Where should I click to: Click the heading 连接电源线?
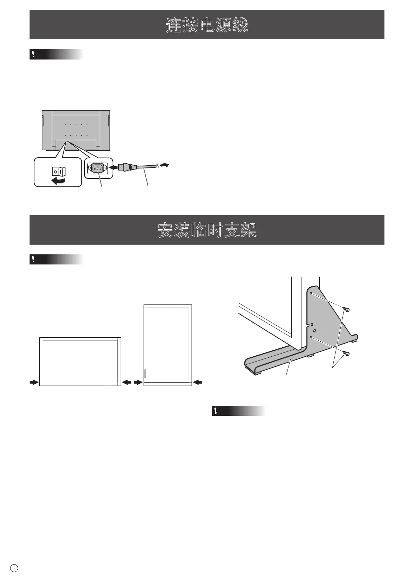[207, 25]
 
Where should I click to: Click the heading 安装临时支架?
[207, 230]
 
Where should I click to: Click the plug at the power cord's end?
[125, 167]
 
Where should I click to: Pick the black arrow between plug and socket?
[113, 168]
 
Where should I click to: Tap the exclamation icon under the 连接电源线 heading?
[33, 54]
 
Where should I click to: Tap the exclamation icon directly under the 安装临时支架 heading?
[33, 260]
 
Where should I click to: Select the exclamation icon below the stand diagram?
[216, 411]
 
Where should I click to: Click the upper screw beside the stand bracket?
[346, 309]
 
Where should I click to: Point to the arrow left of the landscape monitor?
[34, 382]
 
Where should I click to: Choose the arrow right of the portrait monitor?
[197, 382]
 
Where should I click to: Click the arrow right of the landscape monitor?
[127, 382]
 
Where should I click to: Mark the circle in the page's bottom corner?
[14, 568]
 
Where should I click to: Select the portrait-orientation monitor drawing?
[168, 345]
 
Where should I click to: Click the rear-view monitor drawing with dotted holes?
[76, 130]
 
